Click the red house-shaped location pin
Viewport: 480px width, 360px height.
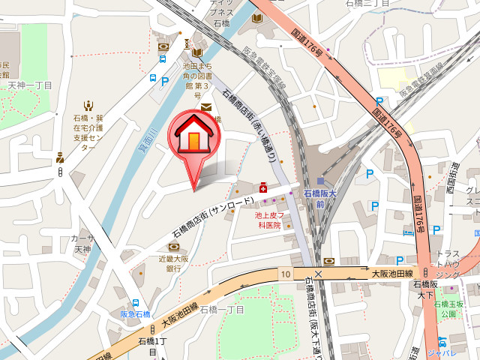point(194,139)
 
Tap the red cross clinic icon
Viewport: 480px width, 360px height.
point(263,188)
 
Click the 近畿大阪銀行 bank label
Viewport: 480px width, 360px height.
point(174,262)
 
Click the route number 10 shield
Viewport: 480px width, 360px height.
point(286,274)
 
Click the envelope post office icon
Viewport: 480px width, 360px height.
point(205,107)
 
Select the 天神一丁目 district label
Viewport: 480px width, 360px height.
point(31,85)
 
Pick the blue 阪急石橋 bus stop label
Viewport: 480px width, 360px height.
point(136,313)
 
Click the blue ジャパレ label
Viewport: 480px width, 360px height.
point(452,352)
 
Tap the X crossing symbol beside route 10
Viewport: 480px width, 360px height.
point(319,274)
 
